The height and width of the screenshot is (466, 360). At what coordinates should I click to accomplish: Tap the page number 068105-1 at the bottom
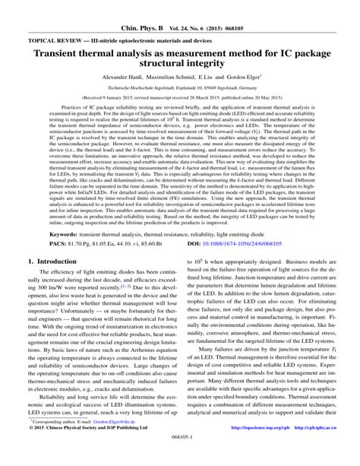coord(180,459)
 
